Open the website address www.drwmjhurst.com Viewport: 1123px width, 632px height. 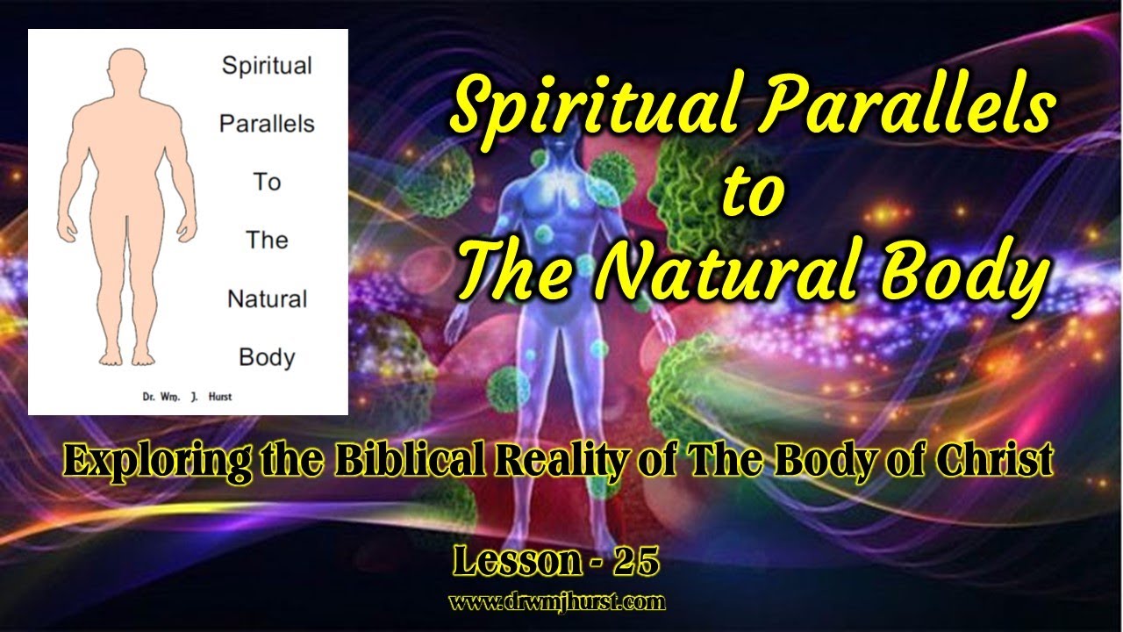point(557,602)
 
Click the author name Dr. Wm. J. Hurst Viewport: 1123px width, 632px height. point(187,397)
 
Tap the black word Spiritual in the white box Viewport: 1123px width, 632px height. point(267,67)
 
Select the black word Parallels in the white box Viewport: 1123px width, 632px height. point(267,124)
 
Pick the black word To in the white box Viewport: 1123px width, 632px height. point(267,182)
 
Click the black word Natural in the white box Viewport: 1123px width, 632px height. point(267,299)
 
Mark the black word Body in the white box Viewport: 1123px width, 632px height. point(267,357)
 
